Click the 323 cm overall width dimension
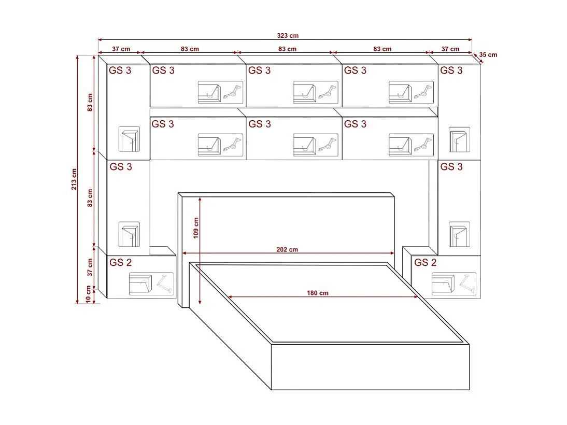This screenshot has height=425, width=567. [x=288, y=36]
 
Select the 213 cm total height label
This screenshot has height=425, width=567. [x=74, y=179]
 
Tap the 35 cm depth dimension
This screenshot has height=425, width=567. [x=488, y=54]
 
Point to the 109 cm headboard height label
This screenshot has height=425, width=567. [x=195, y=226]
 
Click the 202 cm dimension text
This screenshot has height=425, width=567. [x=287, y=249]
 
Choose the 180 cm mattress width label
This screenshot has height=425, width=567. [x=317, y=293]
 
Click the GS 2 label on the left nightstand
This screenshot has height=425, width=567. [x=120, y=263]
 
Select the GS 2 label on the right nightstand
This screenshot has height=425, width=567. [x=425, y=263]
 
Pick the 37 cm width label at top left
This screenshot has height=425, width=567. [x=121, y=49]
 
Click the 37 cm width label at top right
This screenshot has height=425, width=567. [x=450, y=49]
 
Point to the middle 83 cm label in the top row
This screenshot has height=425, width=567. [x=287, y=49]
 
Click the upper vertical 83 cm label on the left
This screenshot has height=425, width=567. [x=90, y=103]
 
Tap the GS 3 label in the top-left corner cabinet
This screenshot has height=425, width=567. [x=120, y=70]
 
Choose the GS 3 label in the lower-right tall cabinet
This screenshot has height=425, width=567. [x=451, y=167]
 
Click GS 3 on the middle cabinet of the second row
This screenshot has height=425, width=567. [x=260, y=124]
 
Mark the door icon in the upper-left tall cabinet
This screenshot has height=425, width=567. [x=129, y=139]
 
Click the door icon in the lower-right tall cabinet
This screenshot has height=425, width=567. [x=459, y=235]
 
